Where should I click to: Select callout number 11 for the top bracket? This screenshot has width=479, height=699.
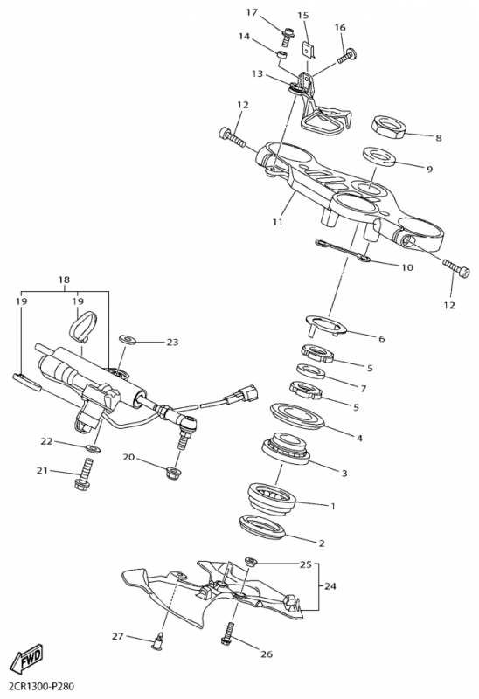[277, 221]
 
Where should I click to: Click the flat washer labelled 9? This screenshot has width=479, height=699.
[379, 156]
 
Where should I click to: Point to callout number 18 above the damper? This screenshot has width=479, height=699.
[64, 280]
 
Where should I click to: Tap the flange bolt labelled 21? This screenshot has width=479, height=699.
[85, 473]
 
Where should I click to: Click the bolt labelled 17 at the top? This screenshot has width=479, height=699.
[287, 37]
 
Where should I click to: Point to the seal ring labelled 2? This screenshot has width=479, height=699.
[263, 528]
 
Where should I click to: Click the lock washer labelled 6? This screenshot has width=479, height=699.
[326, 324]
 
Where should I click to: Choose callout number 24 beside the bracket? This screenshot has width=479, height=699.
[330, 585]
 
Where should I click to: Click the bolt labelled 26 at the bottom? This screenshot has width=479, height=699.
[229, 632]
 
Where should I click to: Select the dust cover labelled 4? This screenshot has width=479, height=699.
[297, 416]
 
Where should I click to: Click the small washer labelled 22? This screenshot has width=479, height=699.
[93, 447]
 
